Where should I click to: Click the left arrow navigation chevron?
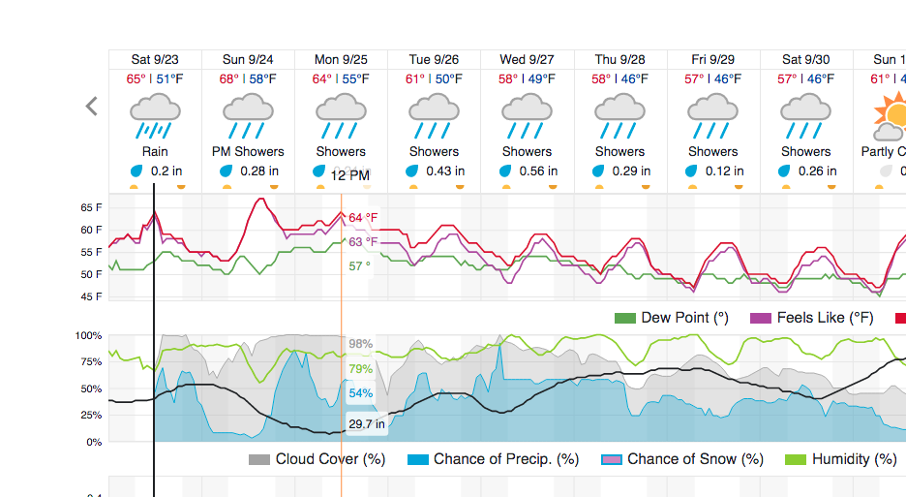(92, 107)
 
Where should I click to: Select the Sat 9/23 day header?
(155, 60)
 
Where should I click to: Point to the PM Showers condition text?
(248, 151)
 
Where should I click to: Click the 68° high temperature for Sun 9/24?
(228, 78)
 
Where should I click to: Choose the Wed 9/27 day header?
(527, 60)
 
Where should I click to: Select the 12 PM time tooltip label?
(349, 175)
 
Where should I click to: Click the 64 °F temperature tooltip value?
(363, 218)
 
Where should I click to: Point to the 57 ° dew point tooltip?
(359, 265)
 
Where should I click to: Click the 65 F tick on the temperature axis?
(91, 207)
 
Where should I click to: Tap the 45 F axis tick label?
(91, 296)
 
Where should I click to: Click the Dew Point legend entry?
(672, 318)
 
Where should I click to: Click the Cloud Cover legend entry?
(317, 459)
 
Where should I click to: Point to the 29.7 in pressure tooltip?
(367, 423)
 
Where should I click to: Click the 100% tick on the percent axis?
(89, 335)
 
